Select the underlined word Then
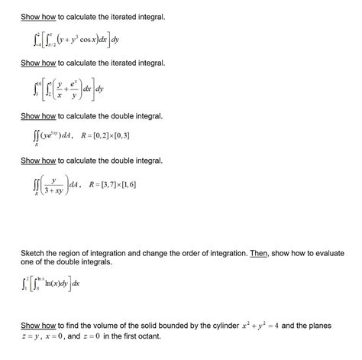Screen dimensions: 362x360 click(257, 252)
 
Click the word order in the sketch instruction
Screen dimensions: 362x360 click(207, 252)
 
